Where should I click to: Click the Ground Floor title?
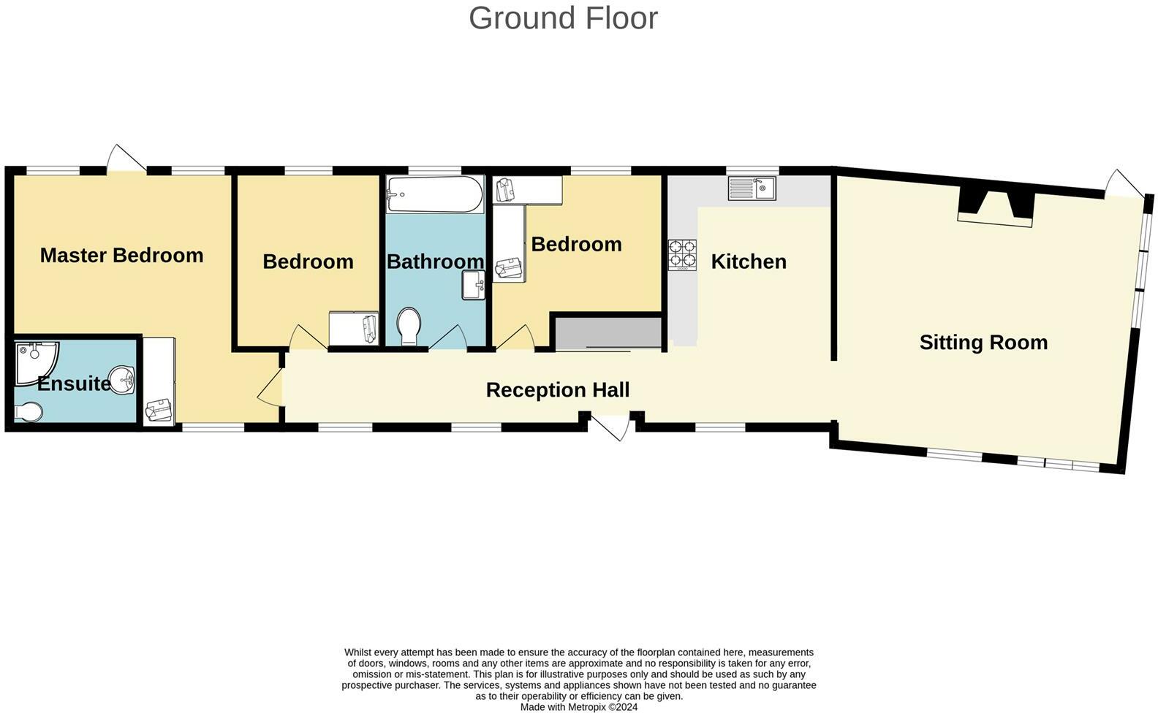pyautogui.click(x=563, y=18)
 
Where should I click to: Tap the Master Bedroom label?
pyautogui.click(x=121, y=256)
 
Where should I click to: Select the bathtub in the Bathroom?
pyautogui.click(x=434, y=194)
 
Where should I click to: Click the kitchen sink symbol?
pyautogui.click(x=752, y=188)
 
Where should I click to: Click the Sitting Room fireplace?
pyautogui.click(x=995, y=207)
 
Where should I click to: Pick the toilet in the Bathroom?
pyautogui.click(x=409, y=326)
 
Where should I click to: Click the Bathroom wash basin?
pyautogui.click(x=474, y=285)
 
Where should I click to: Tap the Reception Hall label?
pyautogui.click(x=557, y=390)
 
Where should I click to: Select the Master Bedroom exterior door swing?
pyautogui.click(x=126, y=159)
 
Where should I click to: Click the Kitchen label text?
pyautogui.click(x=749, y=262)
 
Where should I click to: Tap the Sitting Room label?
pyautogui.click(x=983, y=343)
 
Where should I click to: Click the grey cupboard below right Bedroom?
pyautogui.click(x=608, y=333)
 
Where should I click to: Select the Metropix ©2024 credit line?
pyautogui.click(x=578, y=707)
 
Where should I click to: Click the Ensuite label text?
pyautogui.click(x=73, y=384)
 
